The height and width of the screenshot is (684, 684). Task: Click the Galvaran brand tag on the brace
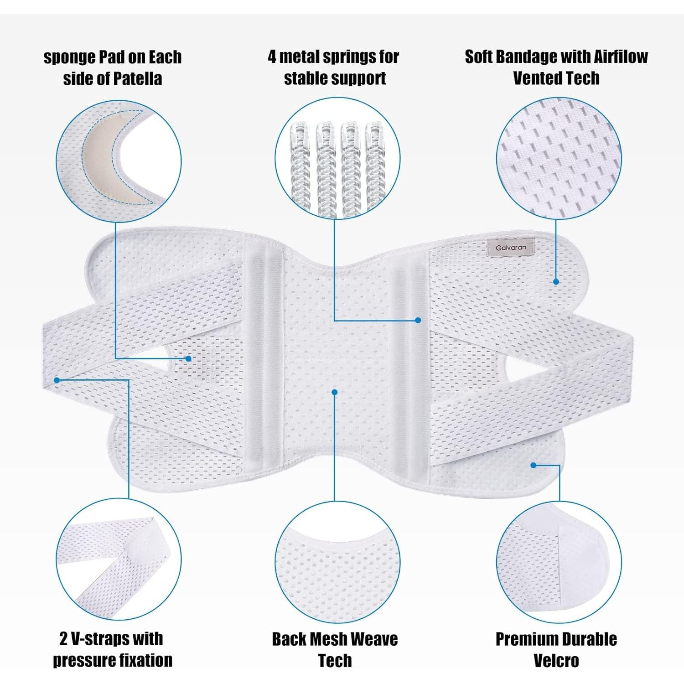pos(511,248)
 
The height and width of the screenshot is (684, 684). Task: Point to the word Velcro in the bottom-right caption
pos(556,660)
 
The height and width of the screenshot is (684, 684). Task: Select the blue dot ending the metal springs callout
pos(418,320)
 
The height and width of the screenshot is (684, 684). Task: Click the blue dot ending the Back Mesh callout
pos(335,392)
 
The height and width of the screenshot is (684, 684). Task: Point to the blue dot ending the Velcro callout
pos(534,465)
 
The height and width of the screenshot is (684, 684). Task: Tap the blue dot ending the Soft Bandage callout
pos(556,282)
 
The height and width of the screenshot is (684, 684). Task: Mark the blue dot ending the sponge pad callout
pos(188,358)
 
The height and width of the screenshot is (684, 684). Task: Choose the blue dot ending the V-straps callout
pos(57,380)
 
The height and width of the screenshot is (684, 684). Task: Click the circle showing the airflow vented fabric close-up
pos(559,158)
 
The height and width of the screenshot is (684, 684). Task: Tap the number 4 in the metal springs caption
pos(272,57)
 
